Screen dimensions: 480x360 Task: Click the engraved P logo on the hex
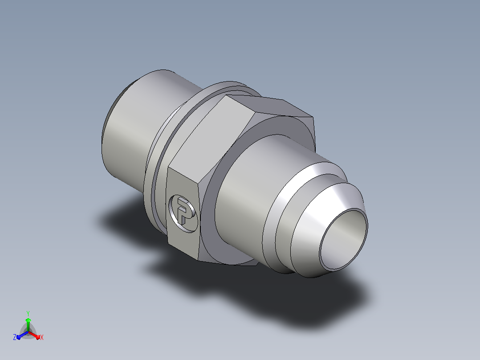click(x=183, y=213)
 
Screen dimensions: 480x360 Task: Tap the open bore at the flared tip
click(x=343, y=240)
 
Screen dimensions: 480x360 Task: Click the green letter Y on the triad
click(x=28, y=313)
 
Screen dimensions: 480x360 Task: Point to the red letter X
click(x=42, y=337)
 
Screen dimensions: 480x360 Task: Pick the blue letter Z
click(x=14, y=337)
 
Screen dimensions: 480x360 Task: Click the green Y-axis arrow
click(x=28, y=324)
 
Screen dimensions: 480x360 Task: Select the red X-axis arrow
click(x=34, y=335)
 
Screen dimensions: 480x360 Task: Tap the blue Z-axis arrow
click(x=22, y=335)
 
